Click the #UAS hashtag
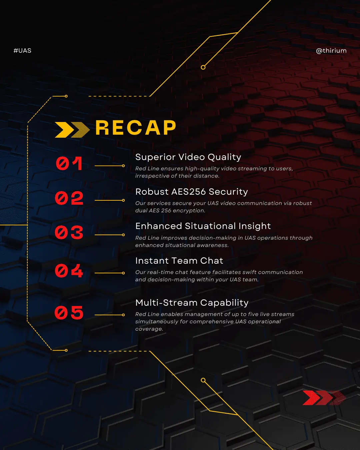point(22,51)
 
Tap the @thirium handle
point(331,51)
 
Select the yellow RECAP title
point(136,128)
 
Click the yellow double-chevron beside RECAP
point(72,130)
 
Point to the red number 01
point(69,163)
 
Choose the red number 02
point(69,198)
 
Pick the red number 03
point(69,232)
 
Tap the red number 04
point(69,271)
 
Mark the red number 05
point(69,312)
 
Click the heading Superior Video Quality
point(188,157)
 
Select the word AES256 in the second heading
point(188,192)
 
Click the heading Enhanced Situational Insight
point(203,226)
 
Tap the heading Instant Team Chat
point(179,261)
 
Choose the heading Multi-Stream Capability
point(192,303)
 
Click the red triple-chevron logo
point(324,398)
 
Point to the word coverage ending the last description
point(149,329)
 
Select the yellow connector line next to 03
point(110,235)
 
